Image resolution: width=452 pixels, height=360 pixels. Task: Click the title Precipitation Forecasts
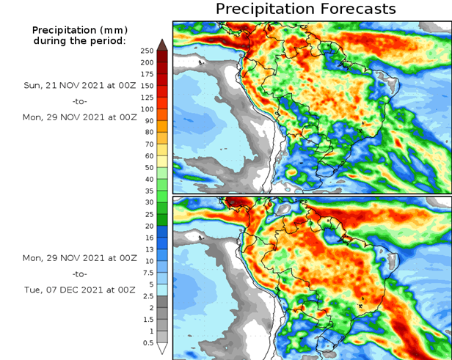305,10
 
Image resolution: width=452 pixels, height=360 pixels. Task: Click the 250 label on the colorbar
147,50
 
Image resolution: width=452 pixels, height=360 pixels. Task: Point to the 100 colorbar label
147,109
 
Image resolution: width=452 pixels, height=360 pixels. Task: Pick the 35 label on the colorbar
149,191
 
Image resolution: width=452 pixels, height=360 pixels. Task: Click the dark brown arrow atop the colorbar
162,43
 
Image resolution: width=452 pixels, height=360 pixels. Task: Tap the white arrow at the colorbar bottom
162,349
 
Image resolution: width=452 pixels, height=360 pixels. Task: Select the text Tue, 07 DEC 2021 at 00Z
79,290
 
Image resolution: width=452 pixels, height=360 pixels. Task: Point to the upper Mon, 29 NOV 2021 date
79,117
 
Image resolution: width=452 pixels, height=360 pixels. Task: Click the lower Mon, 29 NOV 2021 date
79,258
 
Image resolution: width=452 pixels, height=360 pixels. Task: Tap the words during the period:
79,40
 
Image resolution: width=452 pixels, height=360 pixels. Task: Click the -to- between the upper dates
79,100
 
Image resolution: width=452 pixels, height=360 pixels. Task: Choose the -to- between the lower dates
79,274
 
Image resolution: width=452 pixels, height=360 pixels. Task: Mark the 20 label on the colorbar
149,226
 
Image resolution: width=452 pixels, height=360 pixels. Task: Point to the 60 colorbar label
149,156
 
